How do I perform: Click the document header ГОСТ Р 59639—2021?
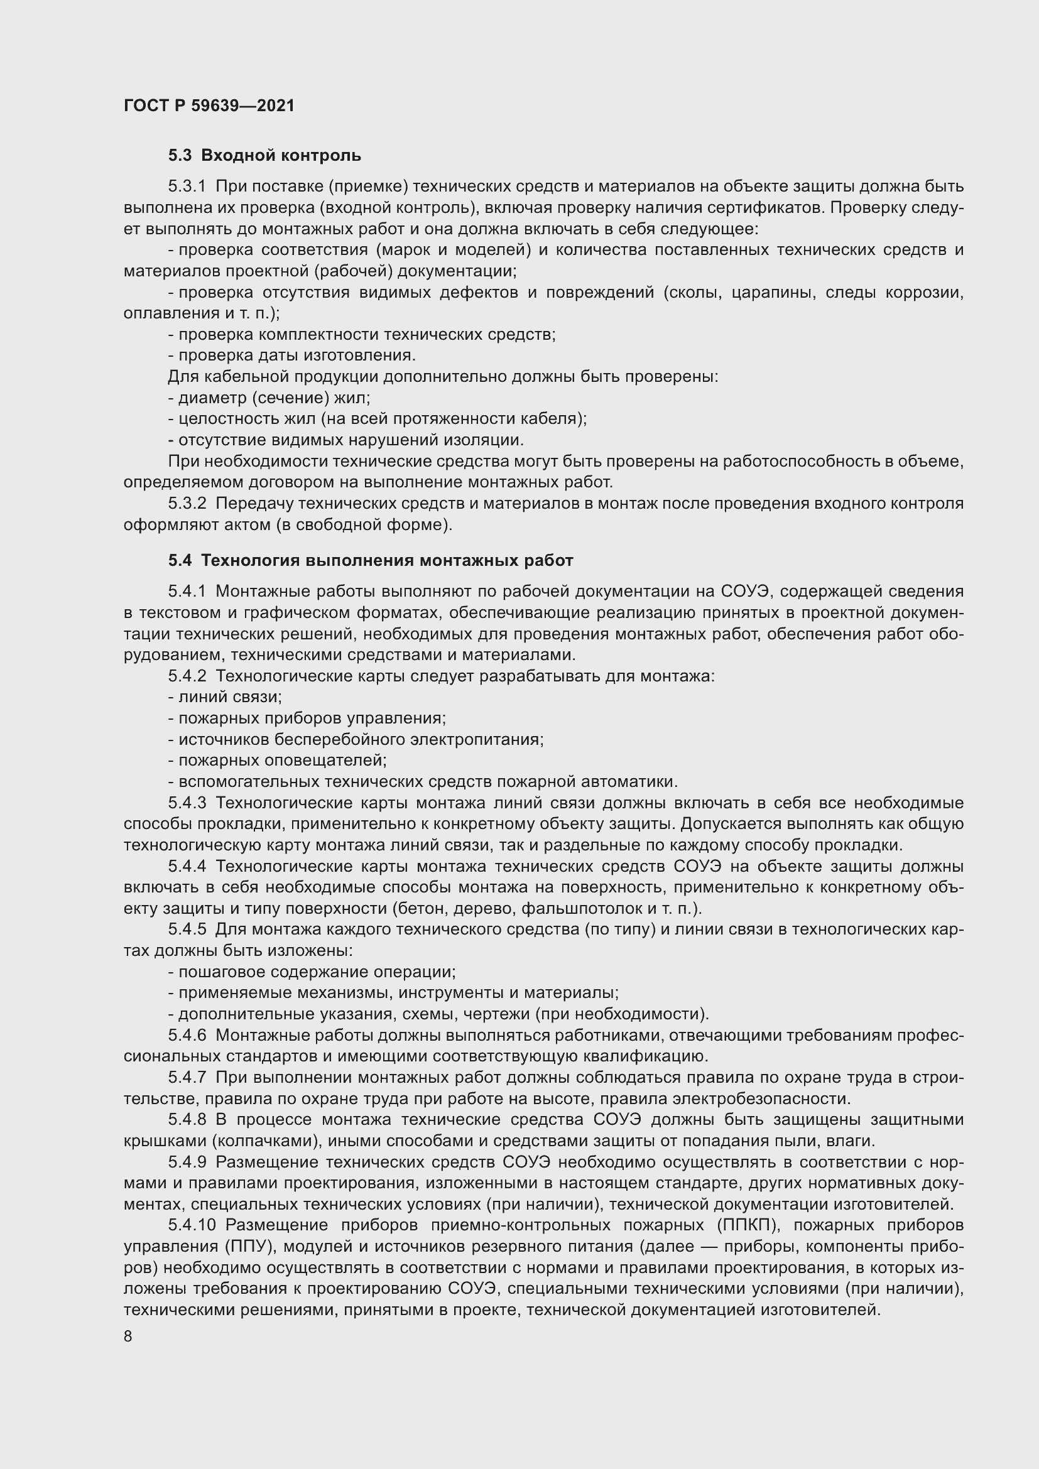[x=209, y=106]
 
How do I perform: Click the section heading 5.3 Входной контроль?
[x=264, y=156]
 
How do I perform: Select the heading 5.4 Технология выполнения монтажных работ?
[x=371, y=560]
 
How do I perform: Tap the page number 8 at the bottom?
[x=128, y=1336]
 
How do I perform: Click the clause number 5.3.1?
[x=187, y=187]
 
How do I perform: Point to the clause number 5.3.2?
[x=187, y=504]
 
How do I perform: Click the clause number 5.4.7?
[x=187, y=1078]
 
